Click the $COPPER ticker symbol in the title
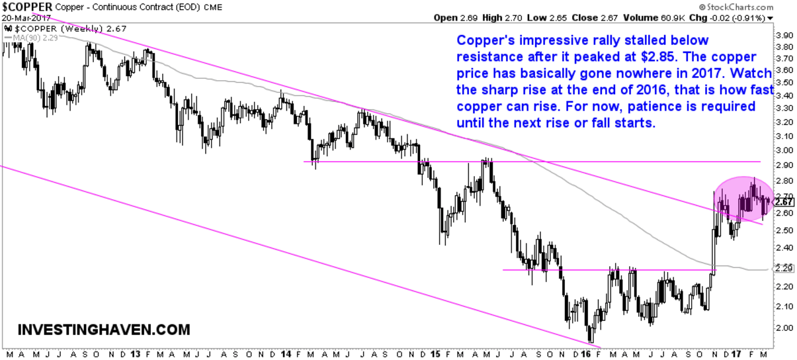coord(26,7)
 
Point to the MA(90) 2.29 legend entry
coord(30,38)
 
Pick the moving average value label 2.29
coord(783,269)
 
